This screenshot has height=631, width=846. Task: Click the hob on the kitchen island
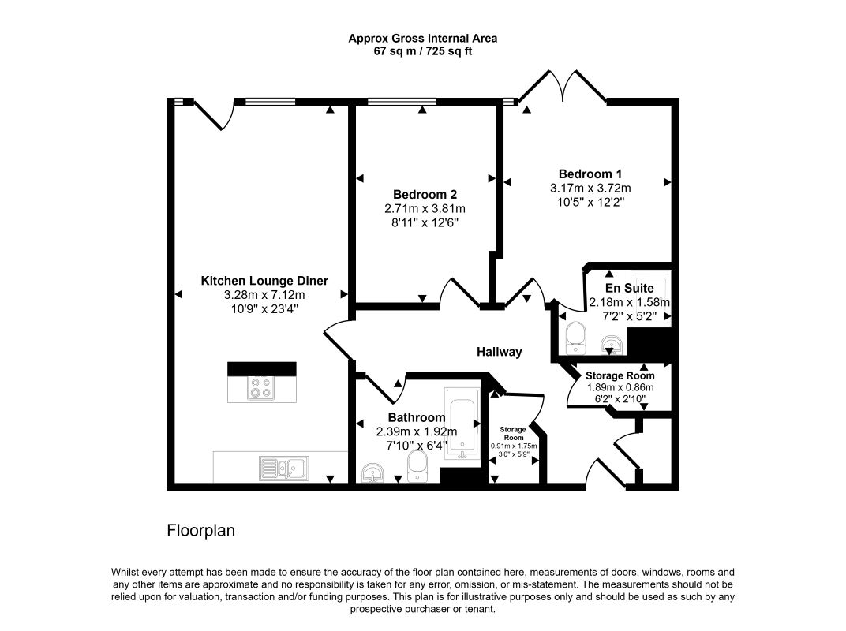[x=260, y=388]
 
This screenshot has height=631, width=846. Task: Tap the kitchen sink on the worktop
[x=284, y=469]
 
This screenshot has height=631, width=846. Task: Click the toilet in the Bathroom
[x=417, y=466]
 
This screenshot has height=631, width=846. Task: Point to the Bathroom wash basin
[x=372, y=473]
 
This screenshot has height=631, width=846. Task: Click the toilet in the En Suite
[x=575, y=338]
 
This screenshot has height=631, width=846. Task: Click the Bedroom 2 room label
[x=425, y=195]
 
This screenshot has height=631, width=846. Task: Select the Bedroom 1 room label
[x=590, y=174]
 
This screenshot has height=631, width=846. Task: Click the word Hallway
[x=499, y=352]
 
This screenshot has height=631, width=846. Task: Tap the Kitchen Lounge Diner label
[x=264, y=281]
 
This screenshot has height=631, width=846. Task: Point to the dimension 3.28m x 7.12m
[x=264, y=295]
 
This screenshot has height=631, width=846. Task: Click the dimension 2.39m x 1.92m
[x=417, y=431]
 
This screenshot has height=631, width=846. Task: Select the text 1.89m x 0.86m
[x=620, y=388]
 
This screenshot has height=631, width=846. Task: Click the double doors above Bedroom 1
[x=563, y=85]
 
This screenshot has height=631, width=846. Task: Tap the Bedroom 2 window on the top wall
[x=402, y=102]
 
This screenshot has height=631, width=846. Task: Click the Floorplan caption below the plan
[x=200, y=531]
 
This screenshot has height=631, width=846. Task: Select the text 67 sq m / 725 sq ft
[x=423, y=52]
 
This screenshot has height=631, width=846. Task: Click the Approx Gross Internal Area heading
[x=423, y=39]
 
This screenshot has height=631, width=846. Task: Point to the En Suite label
[x=629, y=289]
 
